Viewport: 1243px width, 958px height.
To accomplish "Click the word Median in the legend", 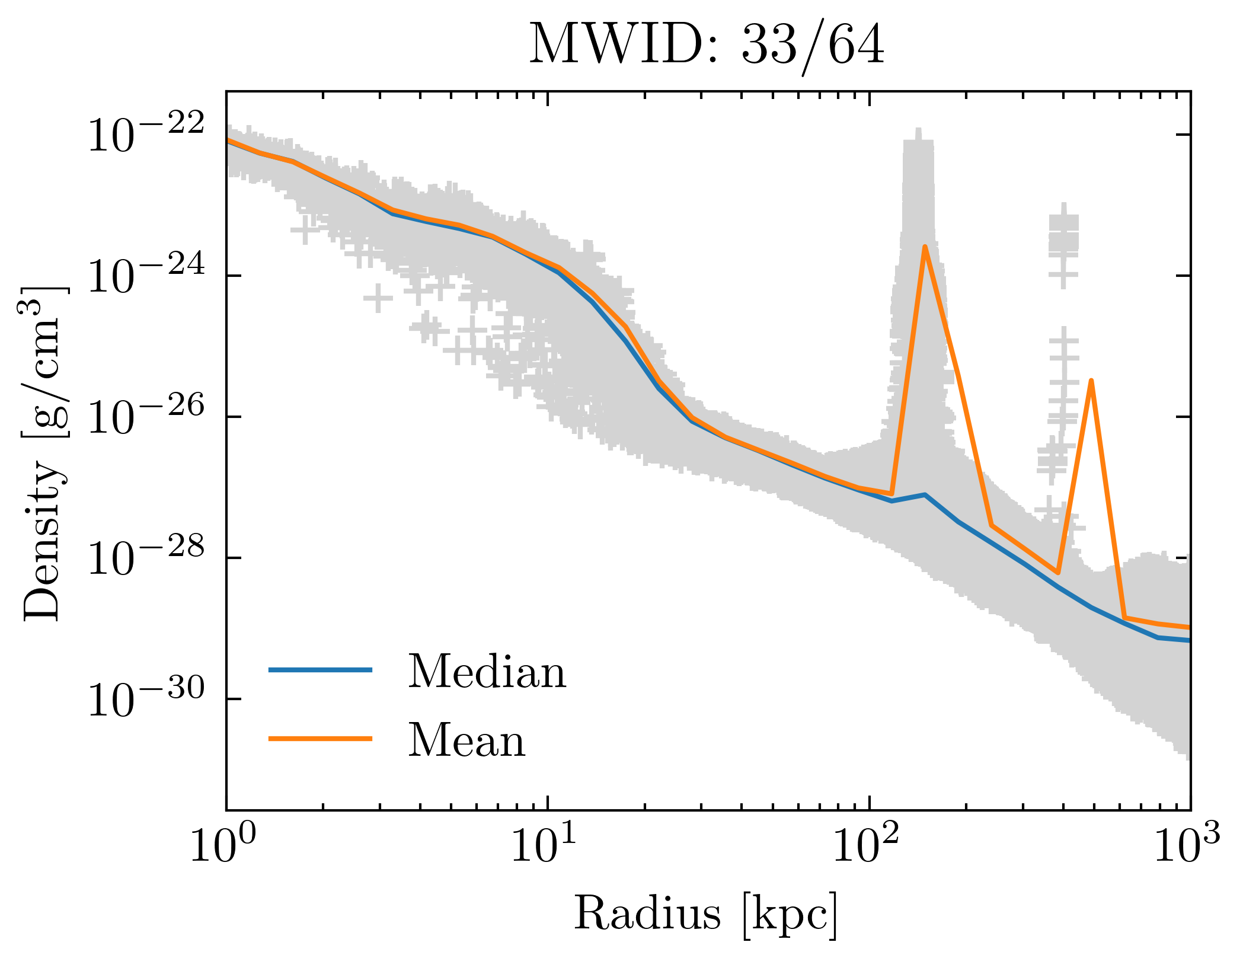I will pos(487,672).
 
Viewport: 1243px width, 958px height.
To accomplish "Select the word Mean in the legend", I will pos(466,741).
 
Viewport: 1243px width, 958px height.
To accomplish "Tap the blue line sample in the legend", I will pos(320,670).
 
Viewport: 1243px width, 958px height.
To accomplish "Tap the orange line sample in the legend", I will pos(320,739).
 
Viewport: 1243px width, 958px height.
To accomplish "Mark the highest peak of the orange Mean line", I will pos(925,247).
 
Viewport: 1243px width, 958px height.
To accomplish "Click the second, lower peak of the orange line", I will pos(1091,381).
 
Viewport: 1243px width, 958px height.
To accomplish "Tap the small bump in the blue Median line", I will pos(925,494).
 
